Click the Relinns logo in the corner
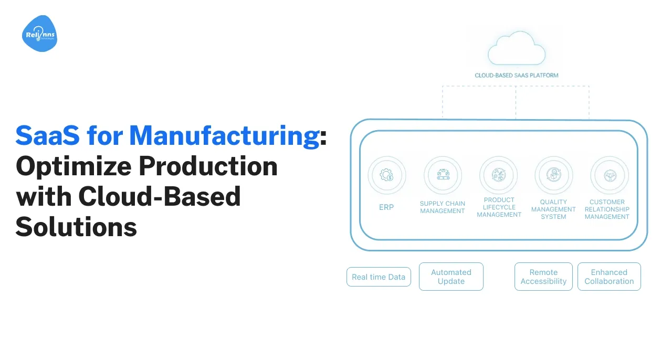click(x=40, y=34)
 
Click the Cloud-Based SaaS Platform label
click(x=517, y=75)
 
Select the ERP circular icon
click(x=386, y=175)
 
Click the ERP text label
click(x=386, y=207)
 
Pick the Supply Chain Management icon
click(x=443, y=175)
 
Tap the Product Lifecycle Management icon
click(x=499, y=175)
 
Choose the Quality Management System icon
click(x=553, y=175)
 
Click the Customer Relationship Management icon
click(x=609, y=175)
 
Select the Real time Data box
click(x=379, y=277)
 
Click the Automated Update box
click(x=451, y=277)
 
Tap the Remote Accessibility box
click(x=543, y=277)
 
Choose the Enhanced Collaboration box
click(x=609, y=277)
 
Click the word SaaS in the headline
click(x=48, y=135)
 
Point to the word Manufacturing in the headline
click(x=224, y=135)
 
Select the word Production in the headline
click(x=208, y=166)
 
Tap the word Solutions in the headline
click(x=76, y=227)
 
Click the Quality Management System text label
click(x=553, y=209)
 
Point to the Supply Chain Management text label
click(x=443, y=207)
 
